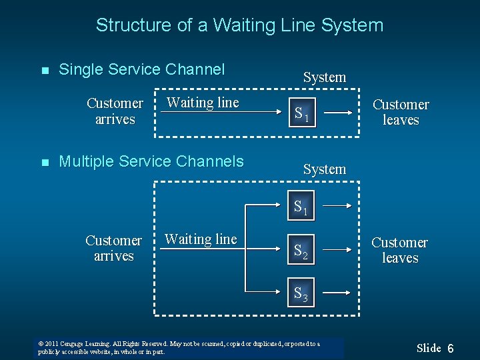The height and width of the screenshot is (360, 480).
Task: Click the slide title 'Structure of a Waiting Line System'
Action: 239,25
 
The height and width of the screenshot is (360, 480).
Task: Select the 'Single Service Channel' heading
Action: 142,69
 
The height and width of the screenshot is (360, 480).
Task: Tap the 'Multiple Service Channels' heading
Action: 151,161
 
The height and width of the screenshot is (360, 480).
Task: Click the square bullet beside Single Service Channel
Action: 45,71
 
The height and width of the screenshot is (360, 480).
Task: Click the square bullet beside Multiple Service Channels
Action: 45,163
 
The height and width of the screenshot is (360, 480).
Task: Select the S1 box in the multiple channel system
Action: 301,206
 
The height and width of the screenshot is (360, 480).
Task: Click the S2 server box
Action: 301,251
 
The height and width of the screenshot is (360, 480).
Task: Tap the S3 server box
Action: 301,293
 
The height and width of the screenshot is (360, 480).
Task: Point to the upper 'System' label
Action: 325,77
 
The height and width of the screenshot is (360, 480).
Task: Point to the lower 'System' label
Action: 325,169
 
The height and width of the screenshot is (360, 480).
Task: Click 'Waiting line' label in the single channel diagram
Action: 203,103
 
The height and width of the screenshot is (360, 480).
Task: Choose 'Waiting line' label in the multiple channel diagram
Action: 201,239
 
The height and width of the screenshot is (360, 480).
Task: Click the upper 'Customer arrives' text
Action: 115,111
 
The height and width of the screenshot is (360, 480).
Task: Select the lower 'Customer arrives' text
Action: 114,248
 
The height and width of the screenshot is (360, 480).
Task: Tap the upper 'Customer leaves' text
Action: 401,112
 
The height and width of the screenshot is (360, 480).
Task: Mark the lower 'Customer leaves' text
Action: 400,250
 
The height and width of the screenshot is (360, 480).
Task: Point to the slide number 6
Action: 451,349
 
